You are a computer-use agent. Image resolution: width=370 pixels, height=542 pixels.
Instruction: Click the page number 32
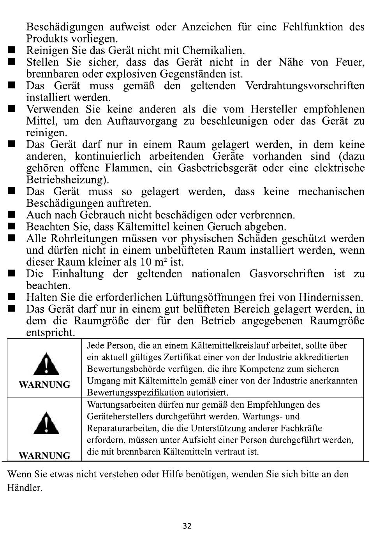tap(187, 526)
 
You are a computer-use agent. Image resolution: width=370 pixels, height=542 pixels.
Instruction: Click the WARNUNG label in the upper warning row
tap(44, 385)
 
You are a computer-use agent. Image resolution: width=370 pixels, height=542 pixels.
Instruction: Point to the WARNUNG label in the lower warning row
tap(44, 456)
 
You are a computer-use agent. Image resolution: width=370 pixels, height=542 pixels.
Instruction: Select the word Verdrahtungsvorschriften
tap(305, 86)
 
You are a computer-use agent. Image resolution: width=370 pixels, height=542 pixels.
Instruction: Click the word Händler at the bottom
tap(25, 488)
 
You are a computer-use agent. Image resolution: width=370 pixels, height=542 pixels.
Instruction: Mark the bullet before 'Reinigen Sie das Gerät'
tap(11, 50)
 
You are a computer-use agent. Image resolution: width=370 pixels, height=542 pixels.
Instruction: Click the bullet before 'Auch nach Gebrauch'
tap(11, 215)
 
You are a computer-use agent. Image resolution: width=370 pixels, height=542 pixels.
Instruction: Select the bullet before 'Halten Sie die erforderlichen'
tap(11, 297)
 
